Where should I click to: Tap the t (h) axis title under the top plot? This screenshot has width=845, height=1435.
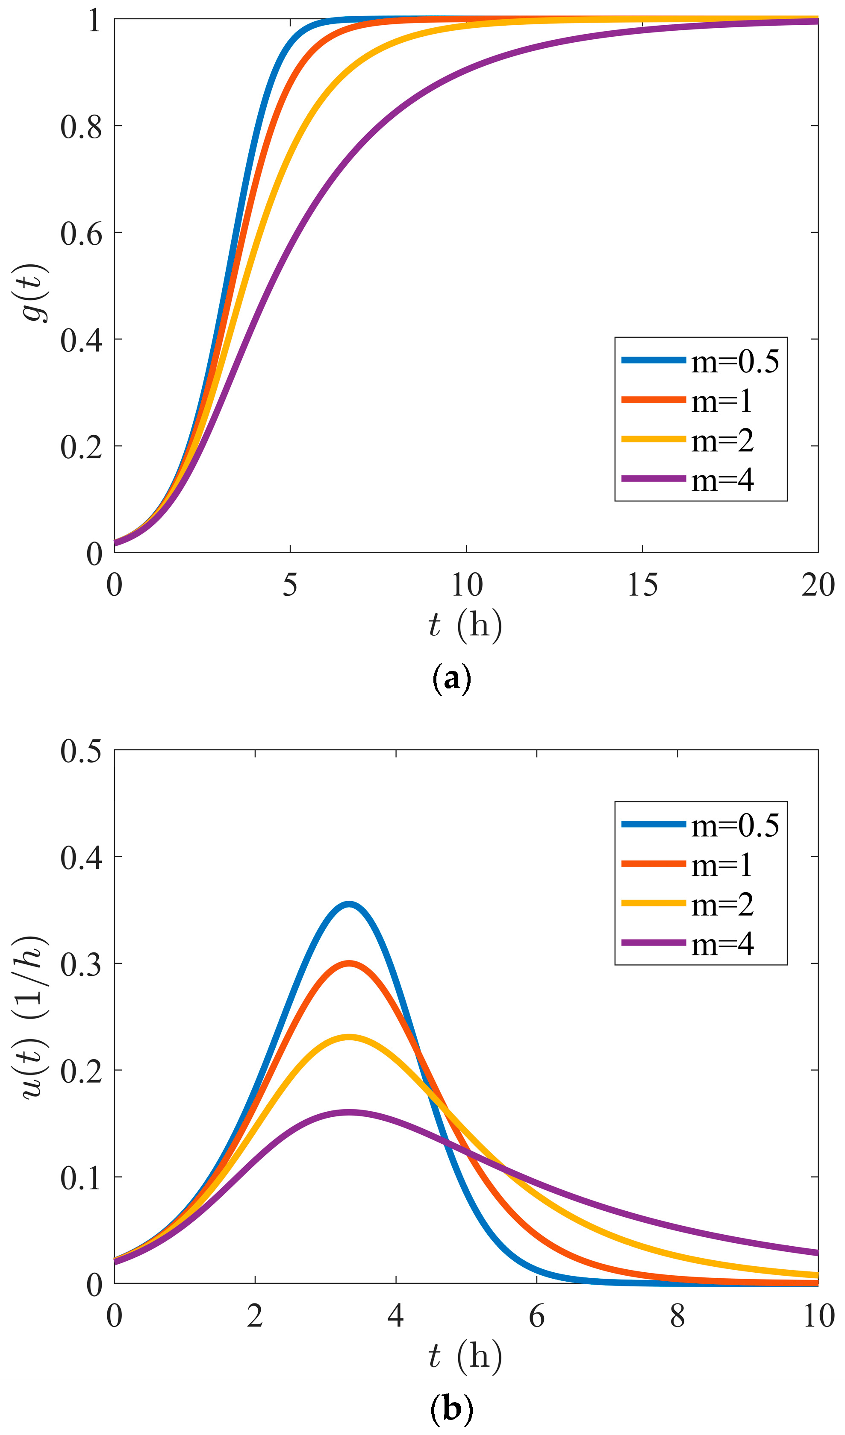coord(465,625)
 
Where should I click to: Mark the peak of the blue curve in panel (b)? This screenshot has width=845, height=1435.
coord(349,904)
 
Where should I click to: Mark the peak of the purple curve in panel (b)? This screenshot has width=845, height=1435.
coord(349,1113)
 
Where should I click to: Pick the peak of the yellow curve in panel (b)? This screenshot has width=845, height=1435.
coord(349,1037)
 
